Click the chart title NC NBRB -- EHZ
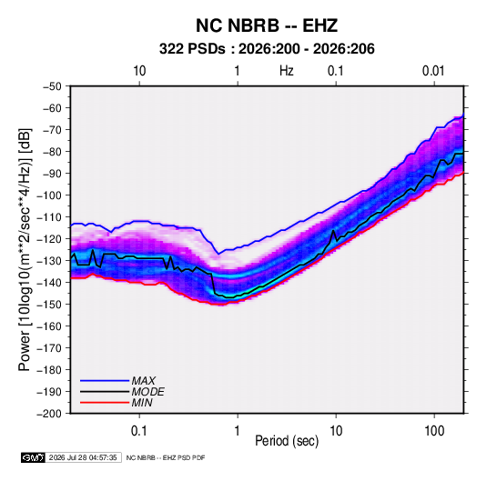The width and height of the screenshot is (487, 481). tap(267, 25)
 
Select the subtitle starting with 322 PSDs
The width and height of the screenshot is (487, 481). tap(267, 49)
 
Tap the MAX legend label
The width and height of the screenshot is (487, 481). tap(143, 381)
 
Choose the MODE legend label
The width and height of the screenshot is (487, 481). tap(147, 392)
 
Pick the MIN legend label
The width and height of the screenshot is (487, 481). tap(142, 403)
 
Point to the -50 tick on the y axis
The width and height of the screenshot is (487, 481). tap(52, 86)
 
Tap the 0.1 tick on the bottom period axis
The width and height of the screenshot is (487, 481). tap(139, 431)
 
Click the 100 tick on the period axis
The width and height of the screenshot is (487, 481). tap(434, 431)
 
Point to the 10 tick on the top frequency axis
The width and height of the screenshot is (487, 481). tap(139, 71)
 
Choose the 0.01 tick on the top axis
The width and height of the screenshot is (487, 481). tap(433, 71)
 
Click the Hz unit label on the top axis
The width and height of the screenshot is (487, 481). tap(287, 71)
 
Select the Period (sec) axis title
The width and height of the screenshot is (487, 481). tap(287, 441)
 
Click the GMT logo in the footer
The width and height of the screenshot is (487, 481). tap(34, 457)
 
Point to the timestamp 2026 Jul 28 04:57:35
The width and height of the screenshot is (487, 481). tap(83, 457)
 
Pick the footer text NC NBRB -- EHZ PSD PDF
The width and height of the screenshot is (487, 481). tap(166, 457)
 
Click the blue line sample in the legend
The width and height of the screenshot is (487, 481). tap(105, 381)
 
